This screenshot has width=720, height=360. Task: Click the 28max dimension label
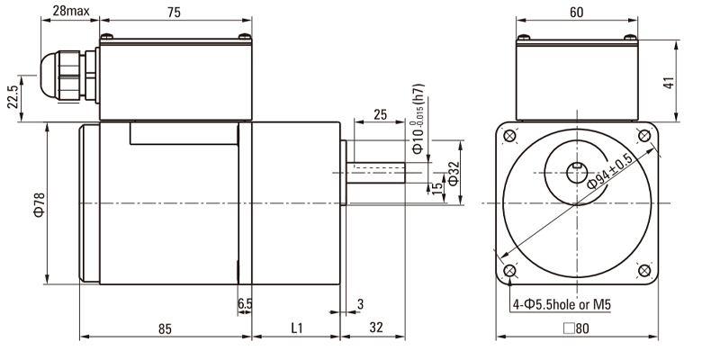[71, 11]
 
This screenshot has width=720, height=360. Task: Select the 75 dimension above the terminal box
[174, 13]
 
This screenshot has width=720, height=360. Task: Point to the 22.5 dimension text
[13, 97]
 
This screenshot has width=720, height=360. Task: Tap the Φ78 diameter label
[40, 204]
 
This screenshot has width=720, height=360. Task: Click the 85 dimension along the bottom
[165, 328]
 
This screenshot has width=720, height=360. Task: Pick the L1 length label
[297, 328]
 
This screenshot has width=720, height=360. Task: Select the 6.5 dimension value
[245, 304]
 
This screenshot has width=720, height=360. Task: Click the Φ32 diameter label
[454, 174]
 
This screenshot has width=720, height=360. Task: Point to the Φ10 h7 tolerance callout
[418, 119]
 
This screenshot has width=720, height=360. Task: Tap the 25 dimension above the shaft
[380, 114]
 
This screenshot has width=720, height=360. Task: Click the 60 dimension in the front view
[576, 13]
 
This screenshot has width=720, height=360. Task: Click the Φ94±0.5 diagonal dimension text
[610, 171]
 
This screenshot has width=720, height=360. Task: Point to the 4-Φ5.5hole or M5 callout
[562, 304]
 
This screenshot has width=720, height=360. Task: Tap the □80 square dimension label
[576, 328]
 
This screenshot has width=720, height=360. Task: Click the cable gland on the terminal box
[69, 76]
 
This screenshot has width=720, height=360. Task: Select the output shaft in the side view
[375, 173]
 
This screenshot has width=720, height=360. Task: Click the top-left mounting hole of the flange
[509, 136]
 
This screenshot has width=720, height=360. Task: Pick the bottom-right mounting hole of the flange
[644, 271]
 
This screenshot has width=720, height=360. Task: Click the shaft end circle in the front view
[577, 173]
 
